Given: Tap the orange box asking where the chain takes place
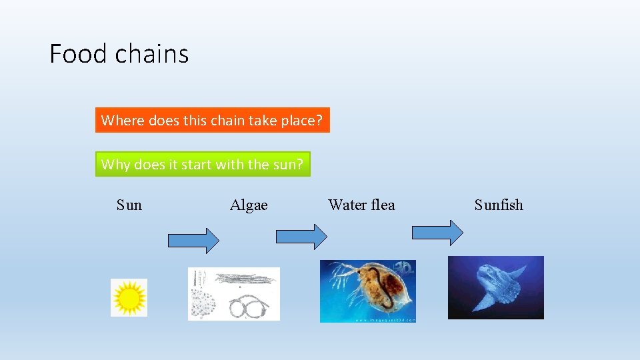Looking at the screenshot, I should point(212,121).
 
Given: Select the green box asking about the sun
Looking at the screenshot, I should point(203,164).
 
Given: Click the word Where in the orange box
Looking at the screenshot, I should point(123,121).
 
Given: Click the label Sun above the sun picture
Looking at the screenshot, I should point(129,205).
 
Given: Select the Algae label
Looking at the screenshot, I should point(249,205).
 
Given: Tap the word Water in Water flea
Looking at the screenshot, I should point(347,205).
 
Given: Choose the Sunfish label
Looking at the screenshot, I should point(499,205).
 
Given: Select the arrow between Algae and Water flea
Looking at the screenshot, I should point(302,236).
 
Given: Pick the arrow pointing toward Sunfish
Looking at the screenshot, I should point(437,233).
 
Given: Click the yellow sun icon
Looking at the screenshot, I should point(129,297).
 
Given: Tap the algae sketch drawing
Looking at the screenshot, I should point(234,294).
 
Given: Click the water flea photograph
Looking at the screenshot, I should point(368,291).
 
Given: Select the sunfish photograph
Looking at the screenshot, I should point(496,287).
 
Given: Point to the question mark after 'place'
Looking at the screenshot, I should point(319,121).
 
